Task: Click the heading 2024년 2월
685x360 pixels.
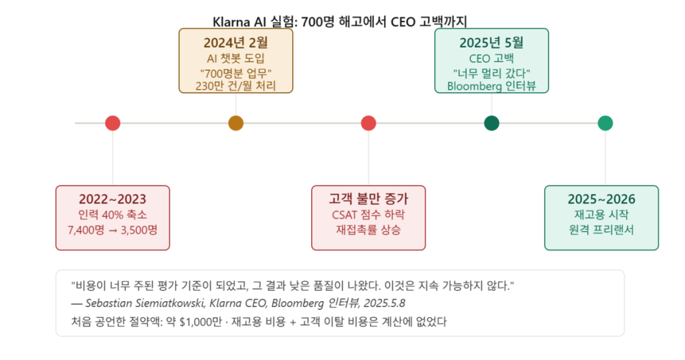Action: (x=235, y=43)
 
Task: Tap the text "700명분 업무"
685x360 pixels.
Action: (x=235, y=72)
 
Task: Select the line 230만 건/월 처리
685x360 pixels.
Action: (x=235, y=86)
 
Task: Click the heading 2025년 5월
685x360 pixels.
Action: (x=492, y=43)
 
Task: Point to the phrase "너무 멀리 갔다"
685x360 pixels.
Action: (x=492, y=72)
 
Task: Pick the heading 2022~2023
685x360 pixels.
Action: (x=112, y=199)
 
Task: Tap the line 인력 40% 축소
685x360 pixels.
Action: (x=112, y=214)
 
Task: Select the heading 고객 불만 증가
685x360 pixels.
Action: (x=369, y=199)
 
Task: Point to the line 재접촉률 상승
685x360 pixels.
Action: (x=369, y=230)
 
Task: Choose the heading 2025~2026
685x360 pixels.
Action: (x=601, y=199)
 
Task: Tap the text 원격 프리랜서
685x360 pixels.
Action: (x=601, y=230)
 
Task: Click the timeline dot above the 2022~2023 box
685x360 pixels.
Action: (x=113, y=123)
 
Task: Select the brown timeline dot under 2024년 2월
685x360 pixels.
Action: (x=236, y=123)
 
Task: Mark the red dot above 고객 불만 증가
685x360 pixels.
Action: (x=369, y=123)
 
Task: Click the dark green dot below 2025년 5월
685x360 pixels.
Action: (x=492, y=123)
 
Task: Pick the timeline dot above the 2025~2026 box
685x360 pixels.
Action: (x=605, y=123)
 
